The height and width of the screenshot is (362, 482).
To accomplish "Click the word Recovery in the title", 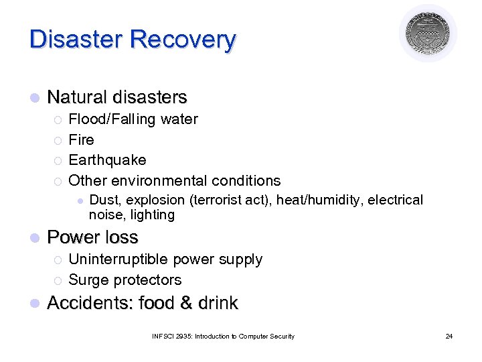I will point(183,39).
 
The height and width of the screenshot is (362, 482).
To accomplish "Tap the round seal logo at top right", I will point(428,33).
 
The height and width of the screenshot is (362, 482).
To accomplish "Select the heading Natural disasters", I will point(117,97).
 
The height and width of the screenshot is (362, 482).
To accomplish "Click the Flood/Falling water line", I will point(133,119).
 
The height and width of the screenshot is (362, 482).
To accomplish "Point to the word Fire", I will point(82,140).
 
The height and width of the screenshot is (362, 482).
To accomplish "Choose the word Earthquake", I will point(107,160).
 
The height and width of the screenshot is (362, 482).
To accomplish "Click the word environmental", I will point(159,180).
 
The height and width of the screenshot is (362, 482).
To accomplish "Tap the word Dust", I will point(103,200).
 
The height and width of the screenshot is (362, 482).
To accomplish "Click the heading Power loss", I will point(92,237).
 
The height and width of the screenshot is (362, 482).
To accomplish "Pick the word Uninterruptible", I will point(118,259).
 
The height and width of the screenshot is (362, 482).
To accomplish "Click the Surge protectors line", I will point(125,280).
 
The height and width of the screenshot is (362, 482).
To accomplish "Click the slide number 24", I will point(449,336).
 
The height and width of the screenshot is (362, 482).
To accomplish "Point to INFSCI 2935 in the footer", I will point(166,336).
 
